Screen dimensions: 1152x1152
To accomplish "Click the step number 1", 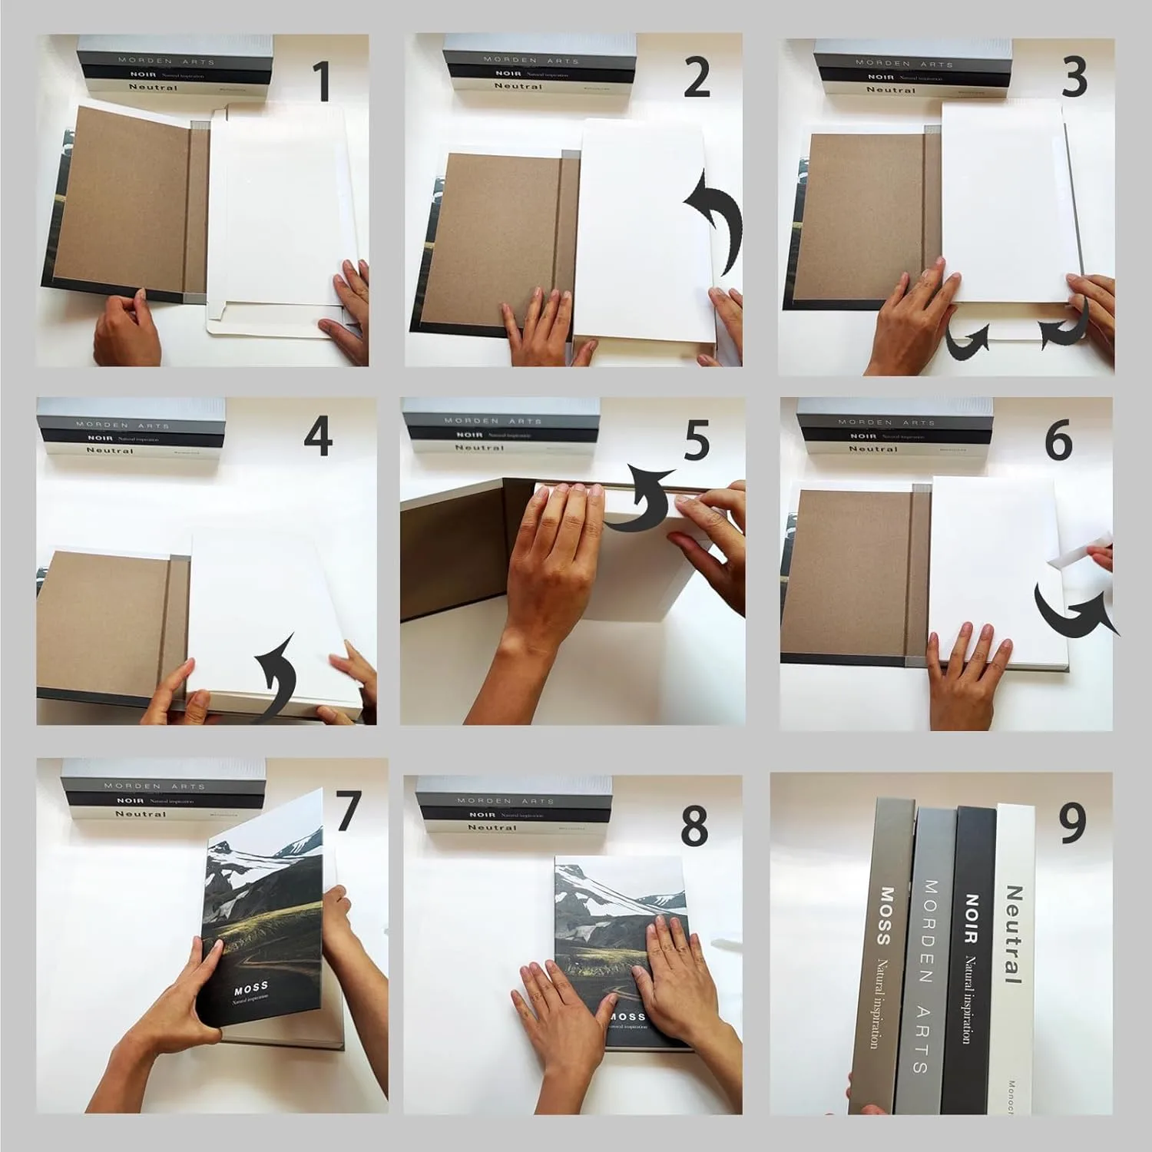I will pos(323,82).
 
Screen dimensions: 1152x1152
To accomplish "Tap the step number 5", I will pos(697,443).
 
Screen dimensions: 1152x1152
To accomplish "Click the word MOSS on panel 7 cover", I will pos(251,986).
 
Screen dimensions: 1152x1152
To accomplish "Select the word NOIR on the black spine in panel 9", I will pos(972,918).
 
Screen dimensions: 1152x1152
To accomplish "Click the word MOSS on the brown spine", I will pos(885,915).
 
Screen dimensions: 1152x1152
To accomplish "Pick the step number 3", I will pos(1073,78).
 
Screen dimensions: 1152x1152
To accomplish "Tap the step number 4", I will pos(317,438).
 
